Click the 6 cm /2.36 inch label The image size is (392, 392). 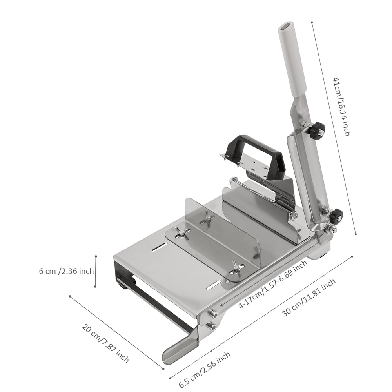[x=66, y=271]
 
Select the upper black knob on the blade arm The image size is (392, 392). [x=316, y=131]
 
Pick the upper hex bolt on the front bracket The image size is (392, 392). [x=213, y=314]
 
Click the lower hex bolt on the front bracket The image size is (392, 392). [x=211, y=325]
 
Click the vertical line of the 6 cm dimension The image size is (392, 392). [x=95, y=271]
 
